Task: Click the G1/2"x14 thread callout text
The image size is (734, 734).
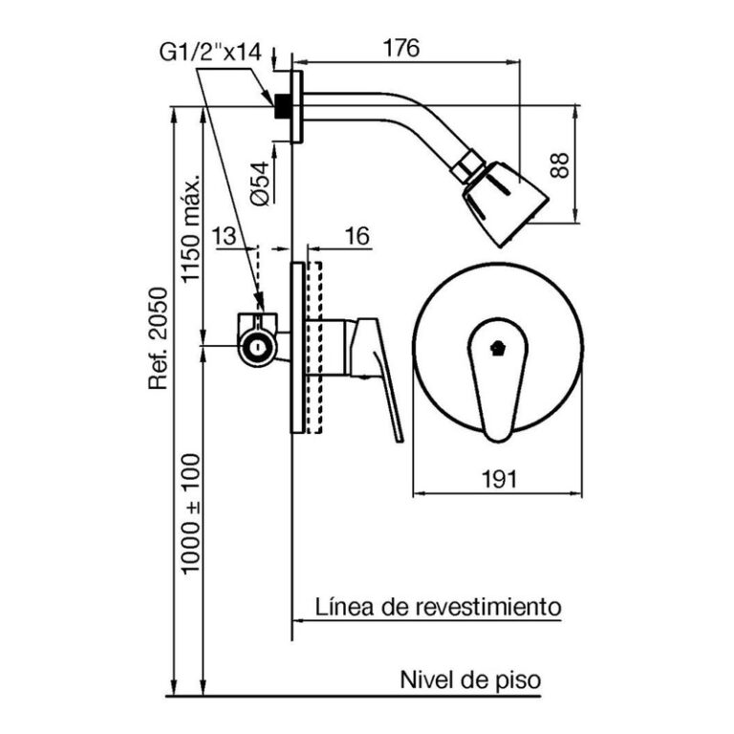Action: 209,54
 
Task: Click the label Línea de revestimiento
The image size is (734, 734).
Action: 438,606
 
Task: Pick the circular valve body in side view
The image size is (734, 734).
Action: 257,345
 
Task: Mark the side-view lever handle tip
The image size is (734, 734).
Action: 397,435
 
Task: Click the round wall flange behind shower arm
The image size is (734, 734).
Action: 297,106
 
